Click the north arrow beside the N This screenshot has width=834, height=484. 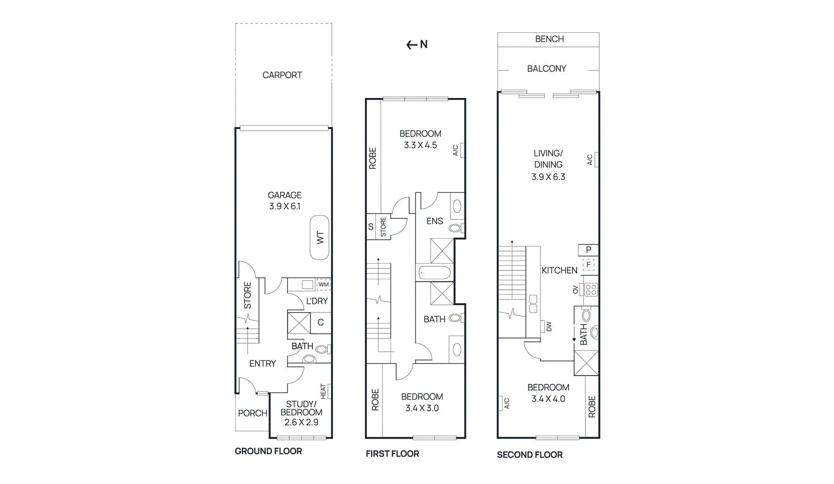tap(412, 45)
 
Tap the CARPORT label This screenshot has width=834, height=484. tap(282, 75)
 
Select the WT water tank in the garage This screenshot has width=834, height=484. tap(320, 238)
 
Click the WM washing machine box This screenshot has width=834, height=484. tap(324, 284)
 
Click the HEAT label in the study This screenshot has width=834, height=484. tap(323, 391)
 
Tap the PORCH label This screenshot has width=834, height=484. tap(252, 413)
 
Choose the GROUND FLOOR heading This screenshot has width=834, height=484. tap(268, 451)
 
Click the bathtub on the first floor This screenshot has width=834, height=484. tap(435, 272)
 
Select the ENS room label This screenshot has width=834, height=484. tap(435, 221)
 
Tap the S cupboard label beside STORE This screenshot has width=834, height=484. tap(371, 227)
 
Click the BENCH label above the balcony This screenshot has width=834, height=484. tap(549, 39)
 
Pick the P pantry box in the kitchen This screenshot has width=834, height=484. tap(588, 250)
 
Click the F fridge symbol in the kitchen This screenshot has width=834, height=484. tap(588, 265)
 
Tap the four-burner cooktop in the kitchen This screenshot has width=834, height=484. tap(591, 290)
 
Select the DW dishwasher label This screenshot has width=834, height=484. tap(549, 326)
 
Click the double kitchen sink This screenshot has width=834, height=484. tap(533, 304)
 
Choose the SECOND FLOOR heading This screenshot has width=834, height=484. tap(530, 455)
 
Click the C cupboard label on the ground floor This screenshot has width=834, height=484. tap(321, 322)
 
